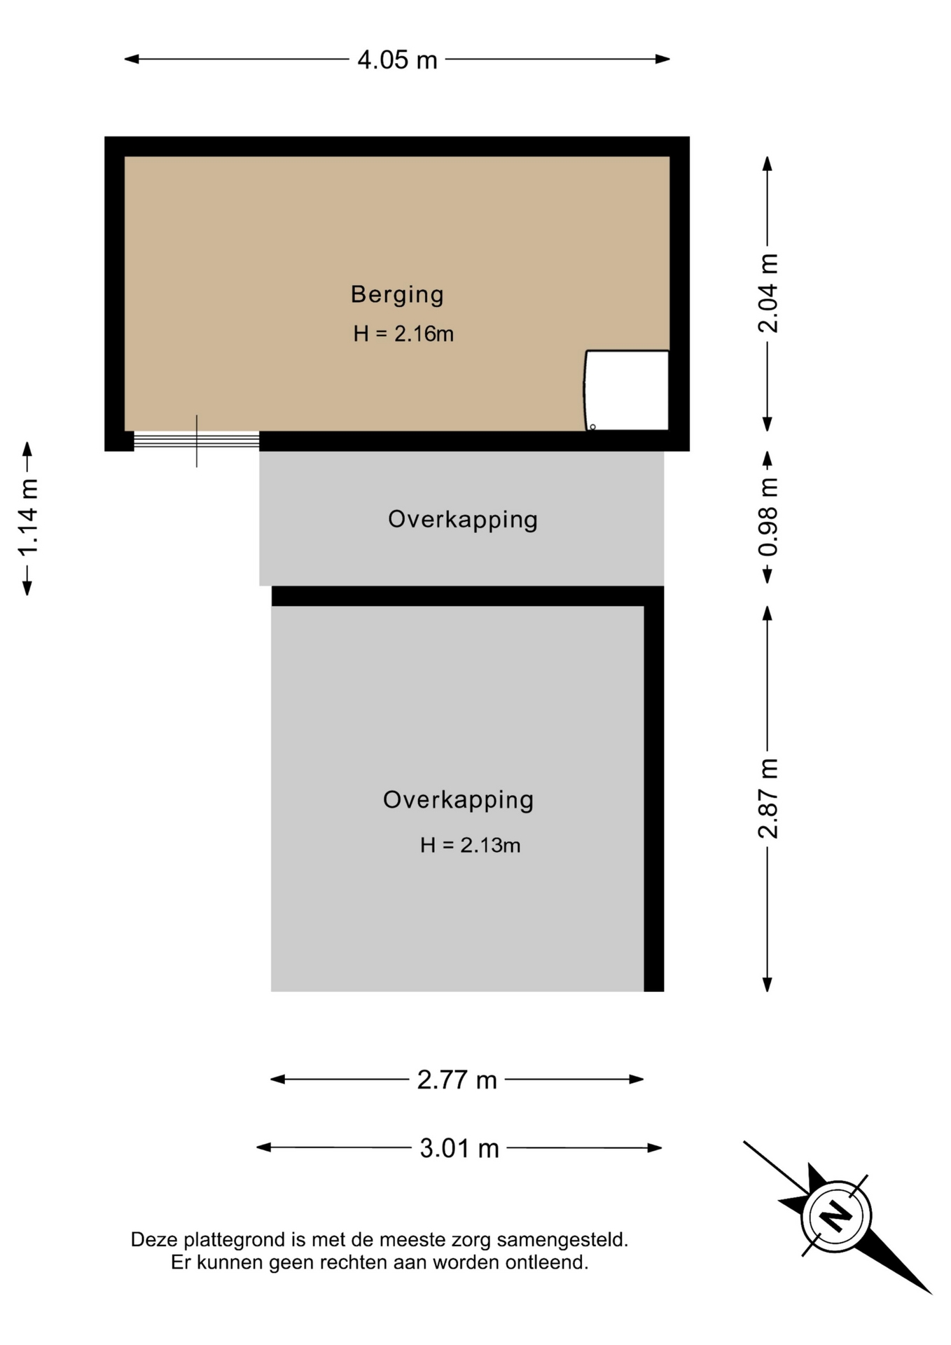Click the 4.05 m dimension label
coord(397,60)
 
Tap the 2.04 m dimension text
coord(768,293)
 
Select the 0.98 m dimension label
coord(768,517)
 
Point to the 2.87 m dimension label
coord(768,798)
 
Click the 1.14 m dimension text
coord(28,518)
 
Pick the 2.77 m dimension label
coord(457,1080)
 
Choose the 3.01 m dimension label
coord(459,1148)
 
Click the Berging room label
coord(397,295)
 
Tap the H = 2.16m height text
coord(403,333)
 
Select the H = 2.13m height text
coord(470,846)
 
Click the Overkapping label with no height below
coord(463,520)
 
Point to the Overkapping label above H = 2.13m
coord(458,800)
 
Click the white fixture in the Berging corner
coord(627,390)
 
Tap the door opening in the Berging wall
coord(196,441)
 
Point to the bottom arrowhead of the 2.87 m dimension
coord(768,984)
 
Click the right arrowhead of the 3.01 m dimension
coord(654,1148)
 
